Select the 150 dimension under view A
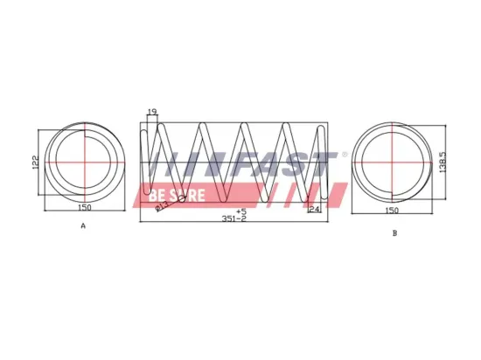coord(84,209)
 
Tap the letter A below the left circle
coord(83,225)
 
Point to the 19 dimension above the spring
coord(151,113)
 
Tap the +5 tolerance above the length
coord(241,211)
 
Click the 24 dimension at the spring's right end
coord(315,209)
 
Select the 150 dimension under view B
coord(394,210)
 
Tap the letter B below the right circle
coord(394,233)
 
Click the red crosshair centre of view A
coord(84,163)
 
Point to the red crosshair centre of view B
coord(394,162)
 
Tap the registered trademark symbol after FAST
coord(344,155)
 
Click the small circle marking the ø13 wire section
coord(182,198)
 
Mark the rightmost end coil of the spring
coord(322,166)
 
